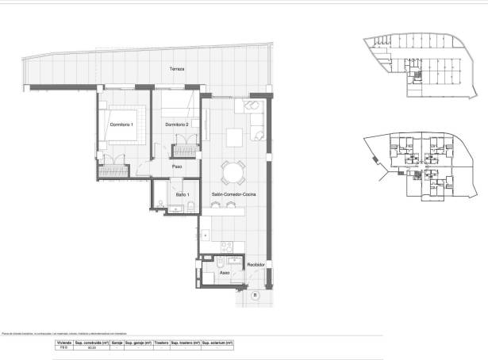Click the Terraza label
pos(176,70)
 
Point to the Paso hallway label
pos(177,167)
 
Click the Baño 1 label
pos(181,193)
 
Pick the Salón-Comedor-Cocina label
pos(234,194)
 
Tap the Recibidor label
pos(255,265)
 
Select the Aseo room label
pos(225,272)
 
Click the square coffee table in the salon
pos(235,137)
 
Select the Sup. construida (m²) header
pos(90,342)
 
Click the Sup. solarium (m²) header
pos(217,342)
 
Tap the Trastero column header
pos(161,342)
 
